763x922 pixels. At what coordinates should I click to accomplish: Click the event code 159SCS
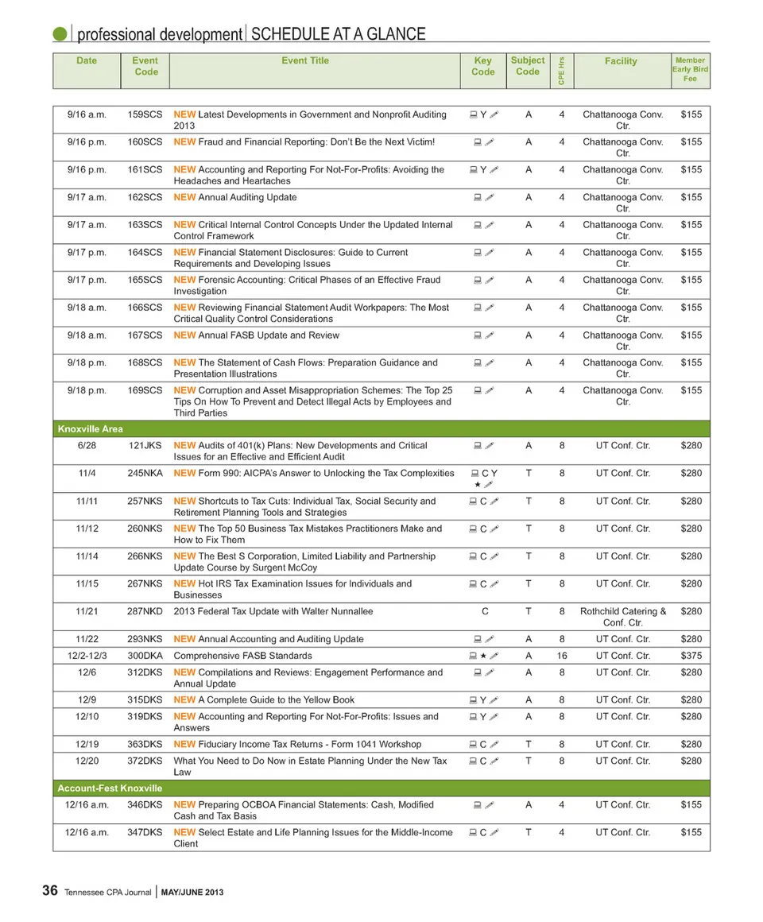click(x=145, y=114)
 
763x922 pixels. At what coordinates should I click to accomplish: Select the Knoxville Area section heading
click(x=90, y=429)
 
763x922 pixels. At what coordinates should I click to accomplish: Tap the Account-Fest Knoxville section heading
click(x=110, y=788)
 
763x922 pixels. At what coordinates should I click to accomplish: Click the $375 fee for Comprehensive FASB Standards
click(x=691, y=656)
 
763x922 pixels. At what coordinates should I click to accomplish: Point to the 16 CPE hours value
click(x=562, y=656)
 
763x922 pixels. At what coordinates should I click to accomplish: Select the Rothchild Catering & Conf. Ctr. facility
click(x=623, y=617)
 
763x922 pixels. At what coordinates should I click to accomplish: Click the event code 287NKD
click(x=145, y=611)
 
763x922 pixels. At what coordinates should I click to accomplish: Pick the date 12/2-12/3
click(x=87, y=656)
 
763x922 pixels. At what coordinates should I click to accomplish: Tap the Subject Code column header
click(x=528, y=65)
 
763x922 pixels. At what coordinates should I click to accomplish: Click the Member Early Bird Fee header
click(x=690, y=69)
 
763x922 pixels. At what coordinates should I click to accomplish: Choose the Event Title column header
click(x=305, y=60)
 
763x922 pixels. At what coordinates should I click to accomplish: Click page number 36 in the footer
click(x=49, y=892)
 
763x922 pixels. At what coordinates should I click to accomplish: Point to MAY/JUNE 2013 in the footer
click(x=192, y=893)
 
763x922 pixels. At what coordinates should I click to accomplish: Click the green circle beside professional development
click(x=60, y=34)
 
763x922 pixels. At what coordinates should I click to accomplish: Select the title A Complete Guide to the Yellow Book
click(x=264, y=699)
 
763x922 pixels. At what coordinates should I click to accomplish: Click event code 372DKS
click(x=145, y=761)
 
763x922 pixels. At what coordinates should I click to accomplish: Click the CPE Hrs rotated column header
click(x=561, y=70)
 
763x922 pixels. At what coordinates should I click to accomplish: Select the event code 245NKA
click(x=145, y=473)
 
